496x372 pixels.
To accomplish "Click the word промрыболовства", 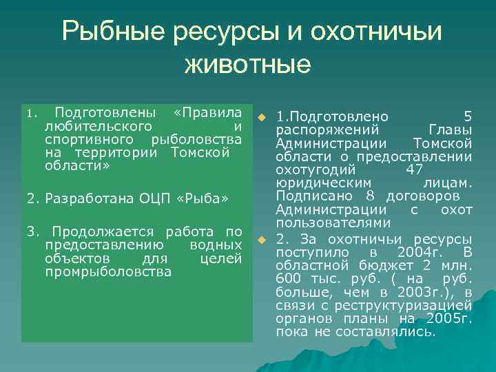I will pos(108,271).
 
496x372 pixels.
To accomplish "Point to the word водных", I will pos(215,245).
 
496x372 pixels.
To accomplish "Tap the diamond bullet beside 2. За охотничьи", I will pos(262,239).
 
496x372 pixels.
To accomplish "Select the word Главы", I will pos(451,130).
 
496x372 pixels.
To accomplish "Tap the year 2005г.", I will pos(449,318).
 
